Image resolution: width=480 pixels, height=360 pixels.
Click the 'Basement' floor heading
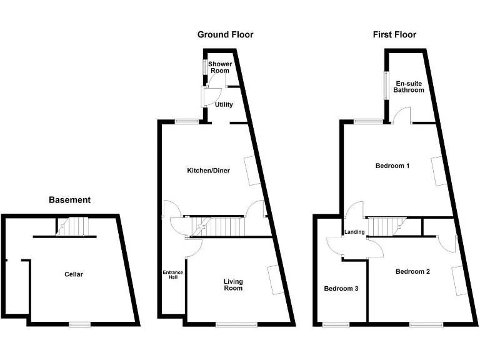coord(69,201)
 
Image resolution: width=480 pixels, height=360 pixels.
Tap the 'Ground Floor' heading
coord(225,35)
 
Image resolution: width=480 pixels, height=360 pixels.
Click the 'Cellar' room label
coord(73,274)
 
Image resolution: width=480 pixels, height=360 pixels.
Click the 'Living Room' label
coord(233,285)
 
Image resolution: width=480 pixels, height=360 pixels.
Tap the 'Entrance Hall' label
coord(173,274)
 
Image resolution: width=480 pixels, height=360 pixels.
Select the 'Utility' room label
coord(224,104)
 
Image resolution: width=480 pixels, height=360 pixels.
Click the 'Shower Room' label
coord(220,67)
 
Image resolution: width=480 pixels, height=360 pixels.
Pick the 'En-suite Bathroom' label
coord(409,87)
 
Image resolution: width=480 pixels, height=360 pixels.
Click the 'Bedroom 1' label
coord(392,166)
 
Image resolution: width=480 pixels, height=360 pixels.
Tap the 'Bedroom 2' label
coord(412,272)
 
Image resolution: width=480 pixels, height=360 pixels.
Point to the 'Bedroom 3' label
coord(341,289)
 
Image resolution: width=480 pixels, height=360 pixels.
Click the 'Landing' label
coord(354,232)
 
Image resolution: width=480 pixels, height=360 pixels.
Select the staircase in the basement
coord(74,226)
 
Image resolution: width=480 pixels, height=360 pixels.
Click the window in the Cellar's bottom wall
coord(79,324)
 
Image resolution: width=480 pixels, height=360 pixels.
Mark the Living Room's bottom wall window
coord(236,324)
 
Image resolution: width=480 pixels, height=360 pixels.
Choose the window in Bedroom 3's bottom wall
coord(336,324)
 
